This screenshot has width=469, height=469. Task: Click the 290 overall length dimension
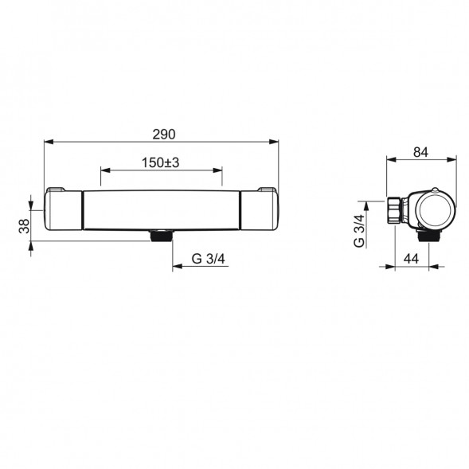[x=163, y=135]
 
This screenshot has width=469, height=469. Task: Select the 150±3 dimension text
[x=160, y=162]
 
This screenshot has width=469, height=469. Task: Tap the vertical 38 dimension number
[x=25, y=226]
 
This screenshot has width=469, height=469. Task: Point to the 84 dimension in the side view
[x=420, y=153]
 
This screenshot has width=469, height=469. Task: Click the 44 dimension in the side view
[x=412, y=259]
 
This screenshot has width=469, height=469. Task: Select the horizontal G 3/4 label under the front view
[x=208, y=259]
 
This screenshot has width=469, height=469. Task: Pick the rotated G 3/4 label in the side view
[x=359, y=231]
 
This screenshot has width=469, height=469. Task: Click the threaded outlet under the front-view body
[x=162, y=236]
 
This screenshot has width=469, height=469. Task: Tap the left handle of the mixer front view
[x=63, y=210]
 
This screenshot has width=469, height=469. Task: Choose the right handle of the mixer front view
[x=260, y=210]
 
